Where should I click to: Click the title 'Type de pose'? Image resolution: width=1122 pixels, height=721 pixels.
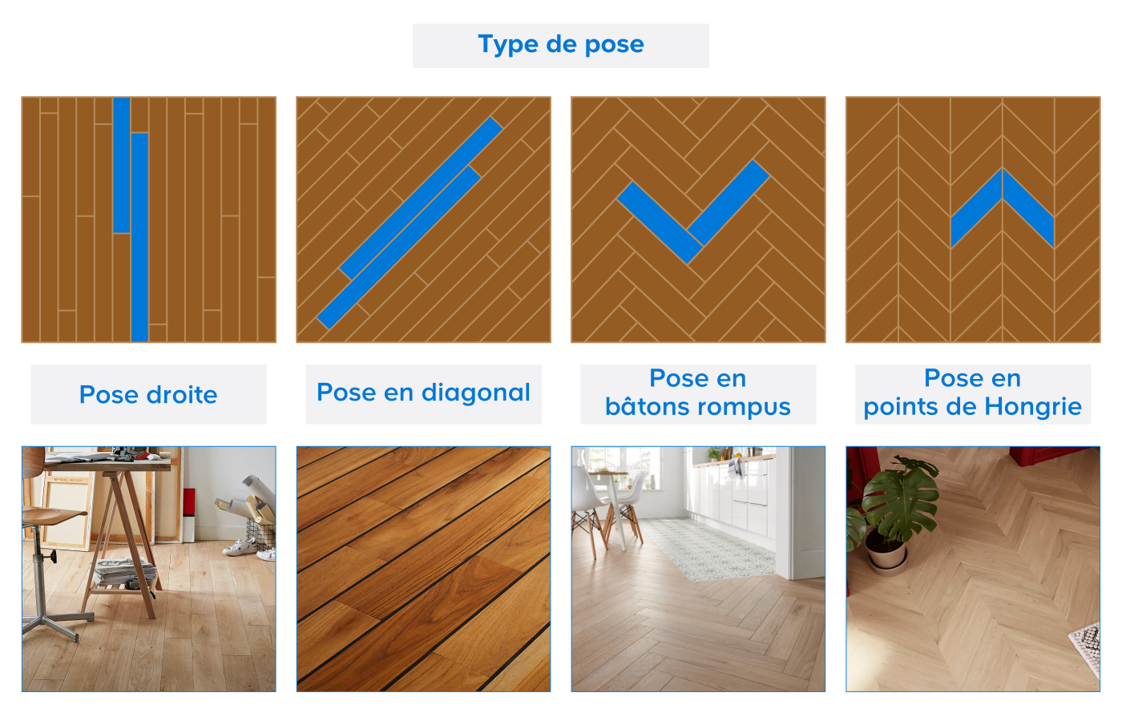point(561,45)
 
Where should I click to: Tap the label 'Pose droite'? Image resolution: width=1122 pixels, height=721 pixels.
point(148,394)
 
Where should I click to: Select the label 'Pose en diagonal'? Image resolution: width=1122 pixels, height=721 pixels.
point(423,392)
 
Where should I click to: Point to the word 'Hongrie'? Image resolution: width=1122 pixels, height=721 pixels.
point(1033,407)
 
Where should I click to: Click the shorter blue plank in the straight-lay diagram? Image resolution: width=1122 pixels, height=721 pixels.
point(122,165)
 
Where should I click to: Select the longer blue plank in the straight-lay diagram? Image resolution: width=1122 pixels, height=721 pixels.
point(139,237)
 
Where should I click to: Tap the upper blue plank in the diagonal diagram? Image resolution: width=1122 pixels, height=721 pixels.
point(421,199)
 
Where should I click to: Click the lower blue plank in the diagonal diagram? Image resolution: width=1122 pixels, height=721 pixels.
point(399,248)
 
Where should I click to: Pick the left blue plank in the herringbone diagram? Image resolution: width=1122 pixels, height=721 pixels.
point(660,223)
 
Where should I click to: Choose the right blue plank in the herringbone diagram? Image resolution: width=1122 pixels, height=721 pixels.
point(728,203)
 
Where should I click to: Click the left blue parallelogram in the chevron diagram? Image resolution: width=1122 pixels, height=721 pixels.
point(977,208)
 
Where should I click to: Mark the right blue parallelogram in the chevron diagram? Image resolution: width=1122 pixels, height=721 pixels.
point(1029,208)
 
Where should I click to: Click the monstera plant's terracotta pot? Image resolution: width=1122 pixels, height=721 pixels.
point(886,552)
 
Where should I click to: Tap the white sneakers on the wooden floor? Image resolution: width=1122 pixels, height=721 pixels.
point(248,548)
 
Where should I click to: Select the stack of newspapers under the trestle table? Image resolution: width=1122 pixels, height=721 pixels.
point(125,570)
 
